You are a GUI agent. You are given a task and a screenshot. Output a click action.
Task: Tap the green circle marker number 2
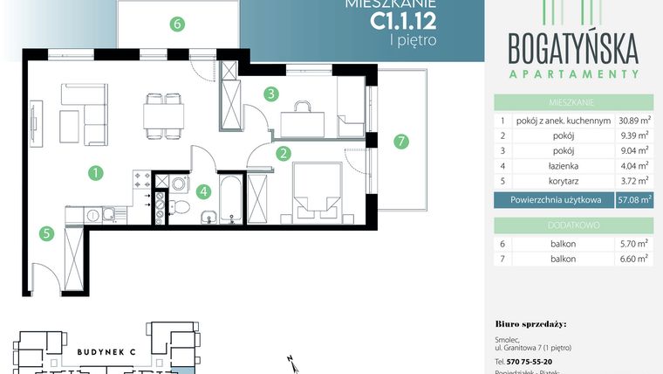coord(284,155)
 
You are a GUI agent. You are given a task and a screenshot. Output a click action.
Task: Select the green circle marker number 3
coord(271,93)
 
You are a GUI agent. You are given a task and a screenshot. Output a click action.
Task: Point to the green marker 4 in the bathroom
coord(203,191)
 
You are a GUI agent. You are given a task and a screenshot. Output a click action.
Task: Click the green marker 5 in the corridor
coord(45,233)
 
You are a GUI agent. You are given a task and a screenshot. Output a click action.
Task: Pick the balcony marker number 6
coord(177,24)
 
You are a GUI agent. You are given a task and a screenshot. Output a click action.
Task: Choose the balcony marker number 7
coord(400,141)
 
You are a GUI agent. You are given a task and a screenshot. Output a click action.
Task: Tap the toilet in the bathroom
coord(181,206)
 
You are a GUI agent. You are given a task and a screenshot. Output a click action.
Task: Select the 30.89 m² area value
coord(633,121)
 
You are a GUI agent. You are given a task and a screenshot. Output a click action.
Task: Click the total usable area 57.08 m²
coord(633,200)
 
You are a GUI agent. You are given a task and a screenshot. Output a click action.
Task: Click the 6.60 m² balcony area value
coord(633,258)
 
